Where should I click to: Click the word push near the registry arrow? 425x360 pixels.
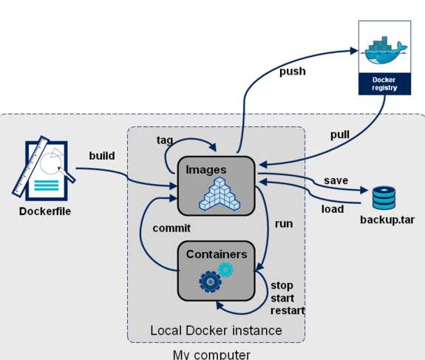pyautogui.click(x=293, y=72)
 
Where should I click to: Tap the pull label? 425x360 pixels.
pyautogui.click(x=339, y=135)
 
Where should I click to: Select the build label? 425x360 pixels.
pyautogui.click(x=102, y=156)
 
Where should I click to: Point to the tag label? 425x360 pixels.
pyautogui.click(x=165, y=140)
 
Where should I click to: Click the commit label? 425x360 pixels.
pyautogui.click(x=171, y=228)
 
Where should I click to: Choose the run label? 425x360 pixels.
pyautogui.click(x=284, y=224)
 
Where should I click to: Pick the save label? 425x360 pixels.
pyautogui.click(x=336, y=180)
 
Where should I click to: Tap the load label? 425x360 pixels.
pyautogui.click(x=333, y=209)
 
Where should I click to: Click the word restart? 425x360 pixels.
pyautogui.click(x=288, y=310)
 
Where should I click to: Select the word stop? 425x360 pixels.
pyautogui.click(x=282, y=285)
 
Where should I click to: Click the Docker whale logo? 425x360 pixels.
pyautogui.click(x=385, y=51)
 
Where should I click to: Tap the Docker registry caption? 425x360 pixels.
pyautogui.click(x=384, y=84)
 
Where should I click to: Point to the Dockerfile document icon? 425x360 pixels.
pyautogui.click(x=44, y=169)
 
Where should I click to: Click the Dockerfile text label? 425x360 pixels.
pyautogui.click(x=45, y=211)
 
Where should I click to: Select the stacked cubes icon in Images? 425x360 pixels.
pyautogui.click(x=220, y=194)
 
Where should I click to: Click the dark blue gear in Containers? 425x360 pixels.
pyautogui.click(x=210, y=282)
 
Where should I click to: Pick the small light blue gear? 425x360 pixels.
pyautogui.click(x=225, y=270)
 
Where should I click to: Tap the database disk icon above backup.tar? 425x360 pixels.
pyautogui.click(x=384, y=198)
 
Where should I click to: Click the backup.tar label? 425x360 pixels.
pyautogui.click(x=387, y=220)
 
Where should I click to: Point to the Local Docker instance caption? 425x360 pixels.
pyautogui.click(x=216, y=330)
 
